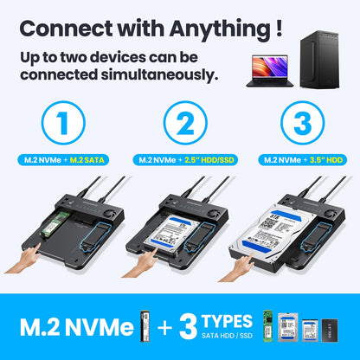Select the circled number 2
(180, 124)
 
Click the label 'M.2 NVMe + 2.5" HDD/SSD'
(180, 160)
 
